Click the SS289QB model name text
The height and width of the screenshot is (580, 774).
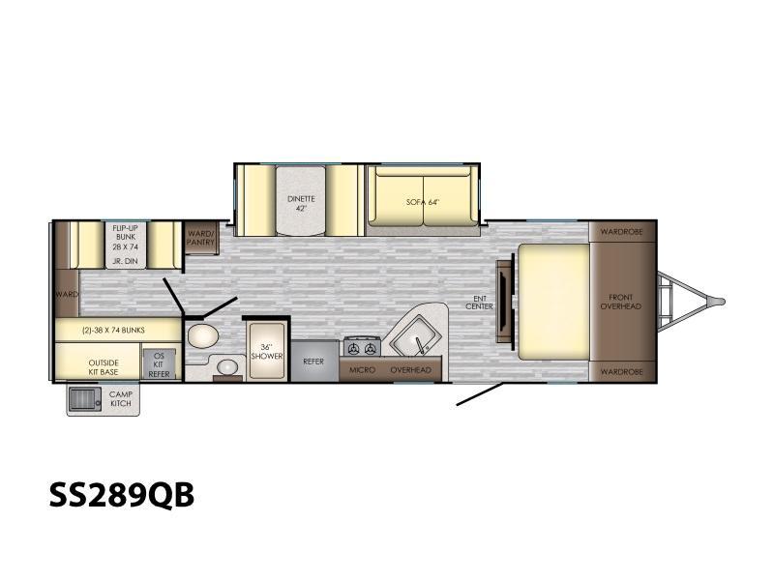pyautogui.click(x=122, y=495)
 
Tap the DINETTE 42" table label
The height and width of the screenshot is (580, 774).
pyautogui.click(x=301, y=203)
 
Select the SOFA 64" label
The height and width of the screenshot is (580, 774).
pyautogui.click(x=423, y=202)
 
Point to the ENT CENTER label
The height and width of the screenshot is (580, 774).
pyautogui.click(x=479, y=303)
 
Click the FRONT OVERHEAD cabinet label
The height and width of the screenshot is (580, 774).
pyautogui.click(x=620, y=302)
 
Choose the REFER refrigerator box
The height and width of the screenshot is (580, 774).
pyautogui.click(x=314, y=361)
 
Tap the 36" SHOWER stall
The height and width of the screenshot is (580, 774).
pyautogui.click(x=267, y=351)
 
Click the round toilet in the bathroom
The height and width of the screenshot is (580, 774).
pyautogui.click(x=203, y=336)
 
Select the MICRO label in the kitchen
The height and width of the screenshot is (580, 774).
pyautogui.click(x=362, y=370)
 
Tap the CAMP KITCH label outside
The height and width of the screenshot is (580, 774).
pyautogui.click(x=121, y=398)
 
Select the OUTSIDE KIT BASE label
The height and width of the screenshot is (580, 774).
pyautogui.click(x=104, y=367)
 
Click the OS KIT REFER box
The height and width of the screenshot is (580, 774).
pyautogui.click(x=159, y=365)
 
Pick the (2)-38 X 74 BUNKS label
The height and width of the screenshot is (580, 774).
pyautogui.click(x=113, y=330)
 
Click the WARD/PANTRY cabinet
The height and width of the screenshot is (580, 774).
pyautogui.click(x=201, y=238)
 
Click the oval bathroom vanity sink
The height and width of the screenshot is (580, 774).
pyautogui.click(x=227, y=367)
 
